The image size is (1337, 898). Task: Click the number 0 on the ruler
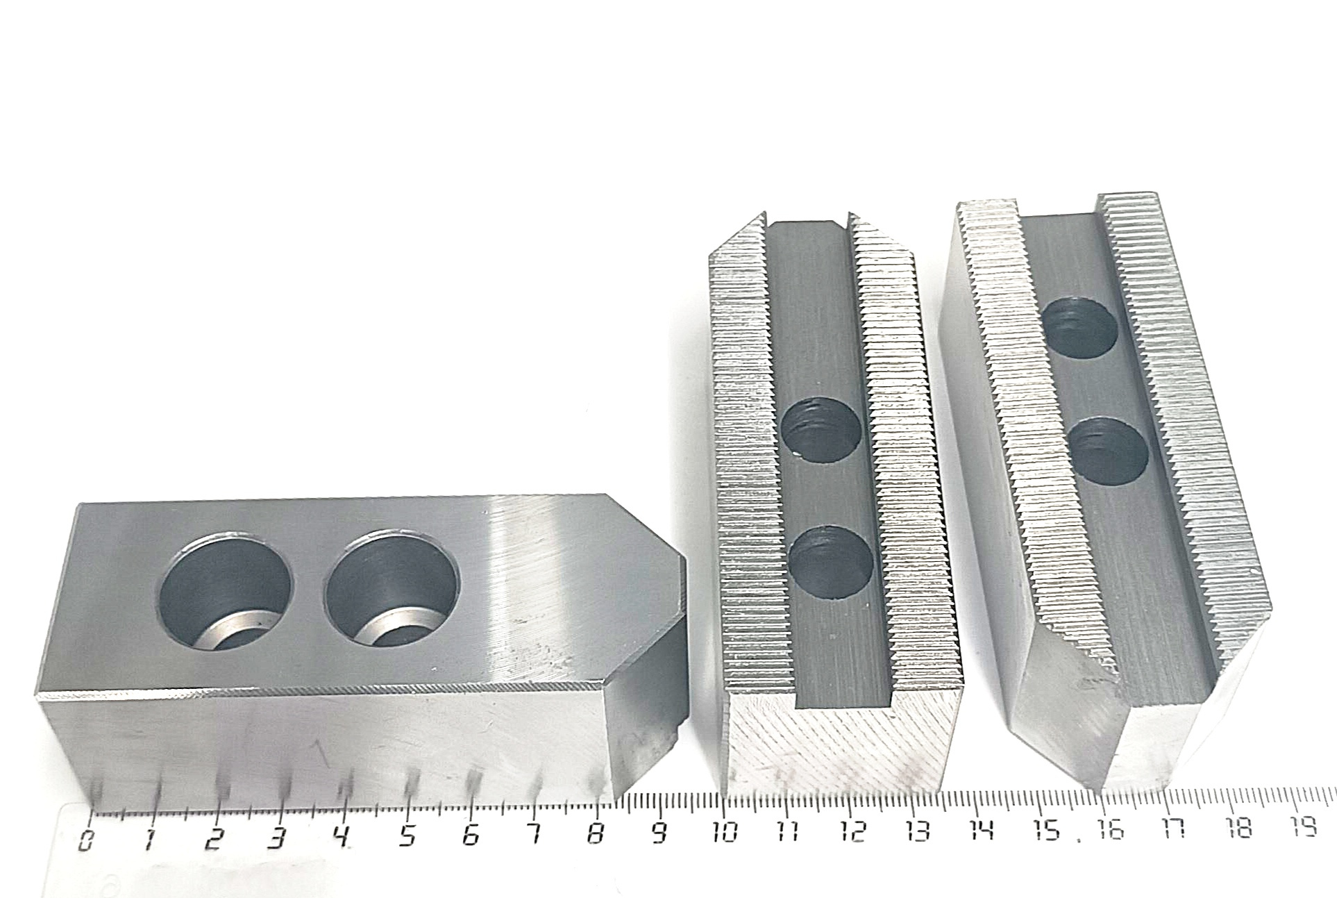pyautogui.click(x=86, y=840)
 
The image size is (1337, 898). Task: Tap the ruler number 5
pyautogui.click(x=407, y=835)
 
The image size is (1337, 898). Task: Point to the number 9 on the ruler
pyautogui.click(x=659, y=830)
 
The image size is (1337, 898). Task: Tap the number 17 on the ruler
pyautogui.click(x=1175, y=828)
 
